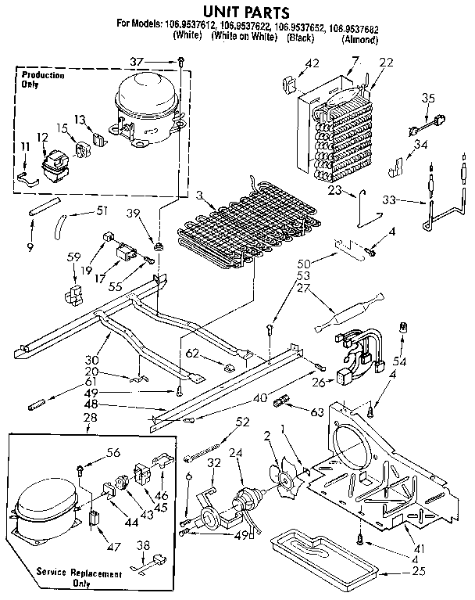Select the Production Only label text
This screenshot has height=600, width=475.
coord(43,79)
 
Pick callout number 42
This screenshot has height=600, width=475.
coord(312,63)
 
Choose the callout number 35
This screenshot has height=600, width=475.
coord(427,98)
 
